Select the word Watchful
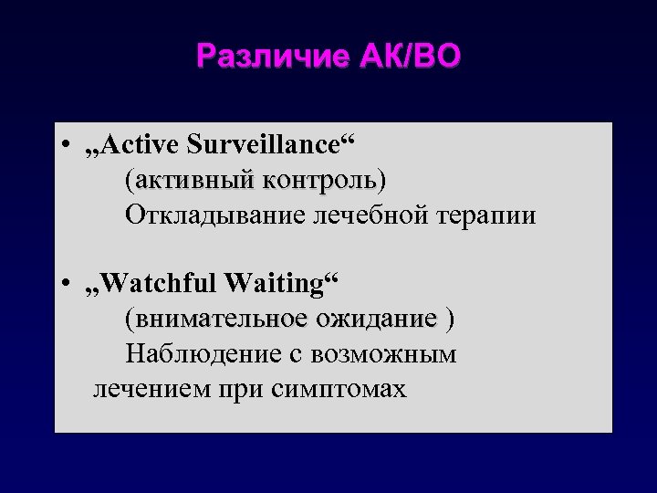[x=159, y=283]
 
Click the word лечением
[x=151, y=389]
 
